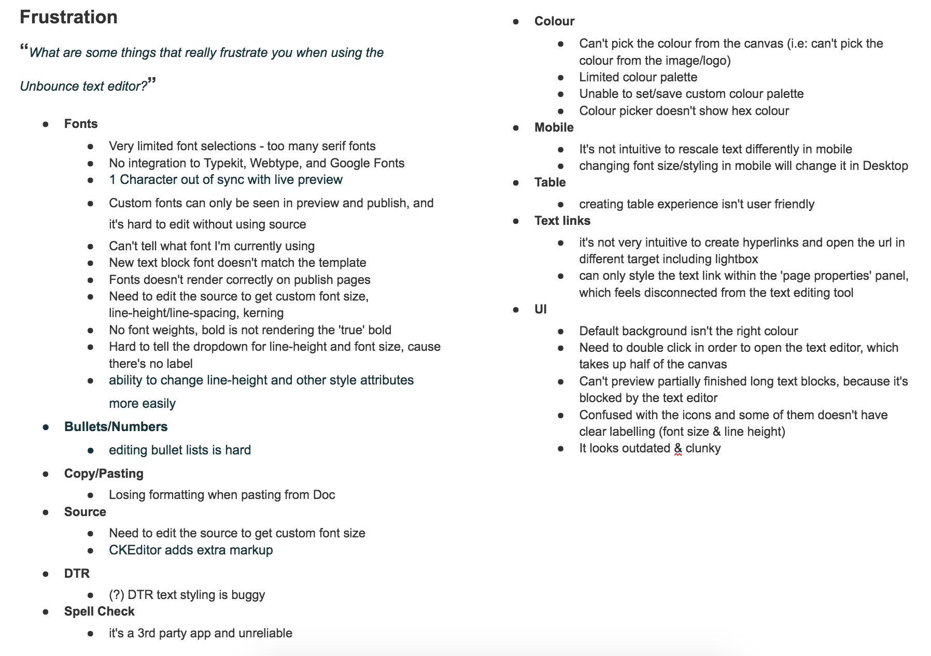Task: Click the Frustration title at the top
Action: click(x=68, y=17)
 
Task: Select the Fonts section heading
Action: click(x=81, y=124)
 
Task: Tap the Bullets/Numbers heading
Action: click(x=116, y=426)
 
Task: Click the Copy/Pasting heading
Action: click(x=104, y=473)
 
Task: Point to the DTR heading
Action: click(x=77, y=573)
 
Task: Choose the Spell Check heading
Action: click(x=99, y=611)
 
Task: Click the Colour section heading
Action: click(x=554, y=21)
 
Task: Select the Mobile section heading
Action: click(x=554, y=127)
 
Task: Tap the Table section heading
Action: click(x=550, y=182)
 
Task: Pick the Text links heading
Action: click(x=562, y=221)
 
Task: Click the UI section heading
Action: click(x=540, y=309)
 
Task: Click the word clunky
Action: click(x=703, y=448)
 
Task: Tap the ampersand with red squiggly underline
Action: click(x=678, y=449)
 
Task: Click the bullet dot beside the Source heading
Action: click(x=46, y=512)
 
